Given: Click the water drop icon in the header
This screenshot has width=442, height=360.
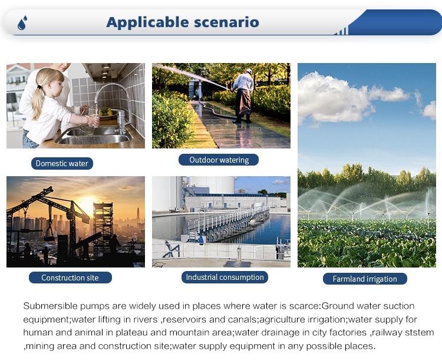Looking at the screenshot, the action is click(22, 23).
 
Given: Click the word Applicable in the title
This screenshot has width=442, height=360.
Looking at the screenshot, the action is click(147, 22).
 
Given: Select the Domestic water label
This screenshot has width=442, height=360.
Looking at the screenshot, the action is click(62, 164).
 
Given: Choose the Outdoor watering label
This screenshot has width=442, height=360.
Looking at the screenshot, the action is click(219, 160).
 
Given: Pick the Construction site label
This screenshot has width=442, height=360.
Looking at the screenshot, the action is click(70, 278).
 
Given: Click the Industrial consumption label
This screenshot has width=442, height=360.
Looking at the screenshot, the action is click(225, 277).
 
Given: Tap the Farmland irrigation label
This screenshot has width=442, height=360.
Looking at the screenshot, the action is click(365, 279).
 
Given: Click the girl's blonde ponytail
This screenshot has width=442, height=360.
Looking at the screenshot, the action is click(38, 101).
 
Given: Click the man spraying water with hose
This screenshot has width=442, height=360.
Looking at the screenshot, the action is click(243, 95).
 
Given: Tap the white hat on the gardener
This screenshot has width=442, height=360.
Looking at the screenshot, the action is click(249, 71).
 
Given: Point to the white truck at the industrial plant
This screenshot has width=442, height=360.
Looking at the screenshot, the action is click(175, 210).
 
